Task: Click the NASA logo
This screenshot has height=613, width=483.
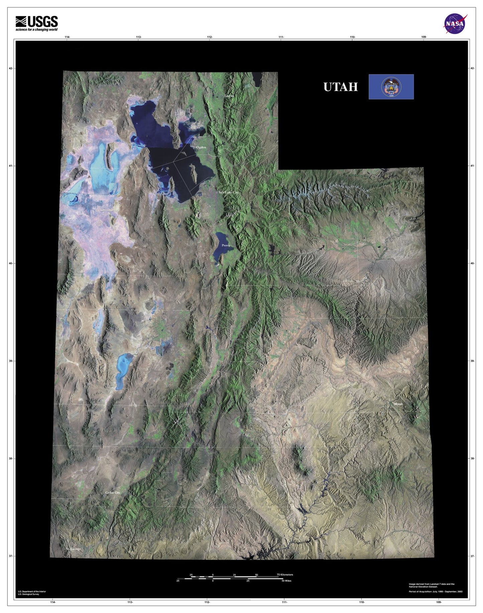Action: point(455,24)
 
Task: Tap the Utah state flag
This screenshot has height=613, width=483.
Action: point(391,87)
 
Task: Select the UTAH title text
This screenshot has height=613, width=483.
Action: point(340,87)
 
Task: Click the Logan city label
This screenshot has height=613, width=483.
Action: point(229,96)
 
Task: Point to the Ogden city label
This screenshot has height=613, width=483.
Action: point(201,147)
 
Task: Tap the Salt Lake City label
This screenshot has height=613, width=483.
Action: point(228,193)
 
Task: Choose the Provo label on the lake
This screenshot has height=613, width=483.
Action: point(226,245)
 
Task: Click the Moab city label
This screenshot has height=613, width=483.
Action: point(398,404)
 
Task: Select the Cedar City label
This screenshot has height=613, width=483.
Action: point(113,492)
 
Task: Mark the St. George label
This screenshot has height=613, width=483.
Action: point(73,549)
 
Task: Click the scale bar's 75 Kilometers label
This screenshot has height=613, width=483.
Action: point(285,575)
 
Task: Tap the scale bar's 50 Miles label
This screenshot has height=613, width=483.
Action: point(286,581)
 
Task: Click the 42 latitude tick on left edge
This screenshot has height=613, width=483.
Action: point(11,68)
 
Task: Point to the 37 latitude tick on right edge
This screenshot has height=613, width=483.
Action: point(472,556)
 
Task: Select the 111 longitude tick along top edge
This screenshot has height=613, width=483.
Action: point(281,37)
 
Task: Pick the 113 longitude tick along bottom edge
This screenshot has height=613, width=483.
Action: point(130,602)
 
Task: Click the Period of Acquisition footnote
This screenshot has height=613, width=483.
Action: point(435,592)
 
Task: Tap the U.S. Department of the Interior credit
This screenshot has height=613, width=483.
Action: point(32,591)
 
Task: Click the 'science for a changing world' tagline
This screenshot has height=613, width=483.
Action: point(36,30)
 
